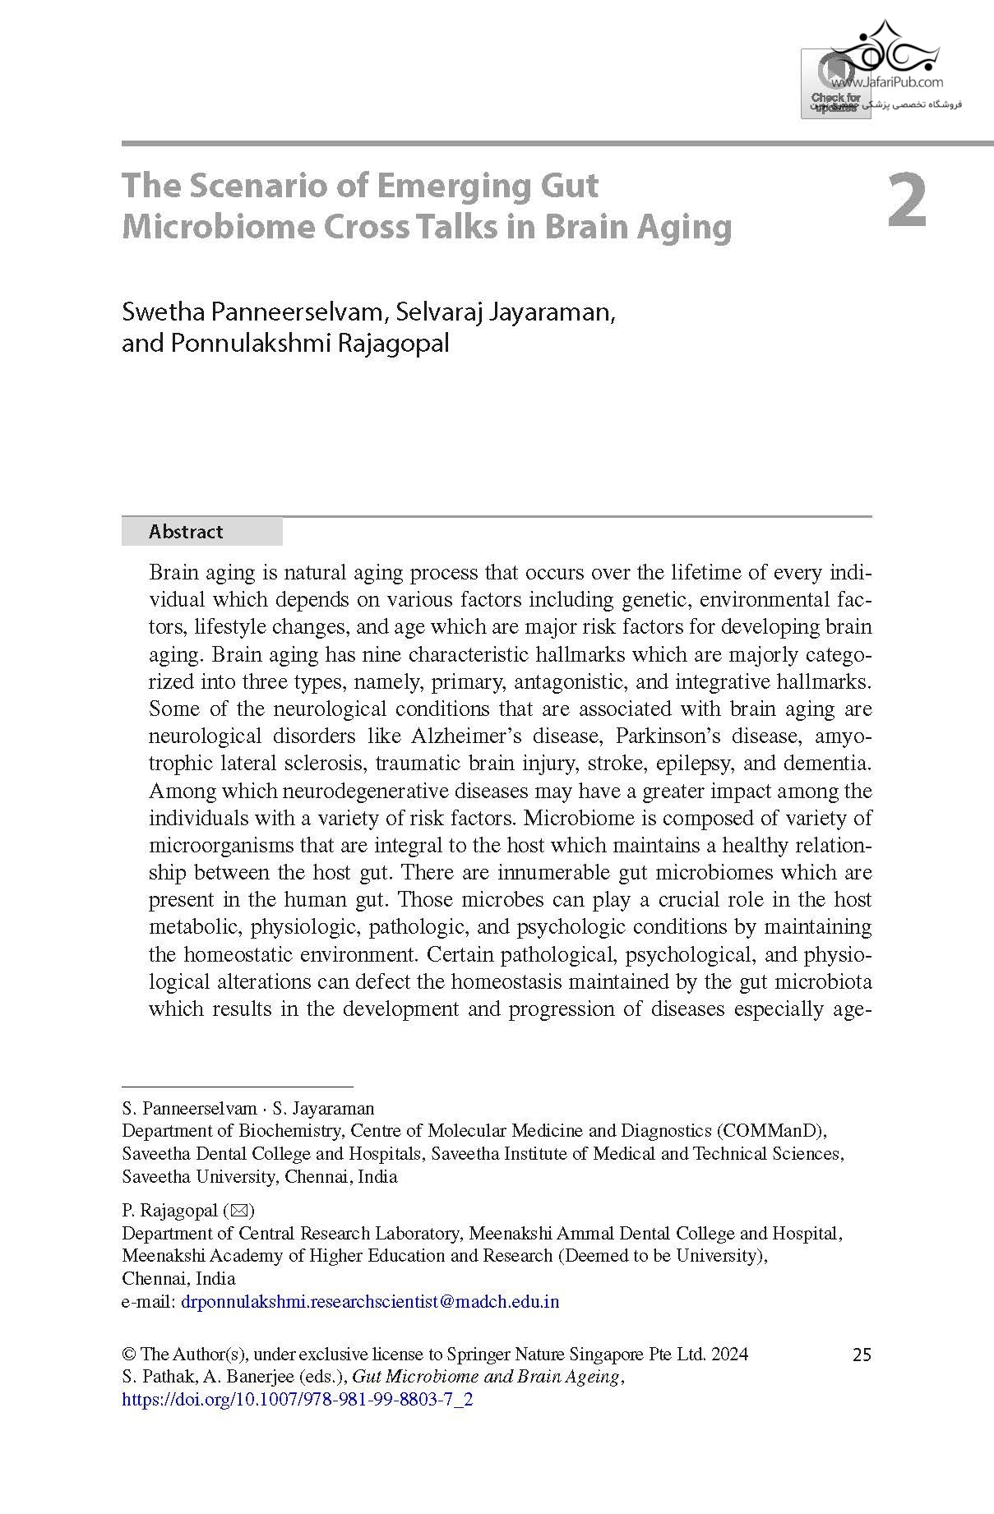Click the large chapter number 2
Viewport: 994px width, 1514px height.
pyautogui.click(x=907, y=201)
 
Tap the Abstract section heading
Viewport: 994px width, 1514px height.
pyautogui.click(x=186, y=532)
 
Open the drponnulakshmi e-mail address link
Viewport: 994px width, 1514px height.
pyautogui.click(x=369, y=1302)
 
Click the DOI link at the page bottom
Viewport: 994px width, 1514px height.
pyautogui.click(x=297, y=1400)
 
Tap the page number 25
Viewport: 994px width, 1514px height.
pyautogui.click(x=861, y=1355)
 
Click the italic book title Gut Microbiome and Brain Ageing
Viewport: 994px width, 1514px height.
pyautogui.click(x=487, y=1377)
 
